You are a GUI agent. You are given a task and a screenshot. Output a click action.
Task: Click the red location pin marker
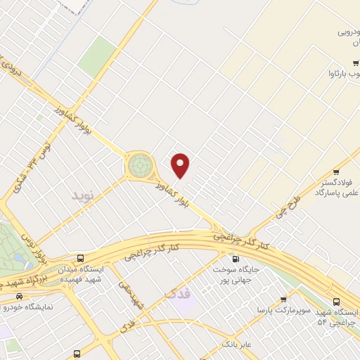point(181,166)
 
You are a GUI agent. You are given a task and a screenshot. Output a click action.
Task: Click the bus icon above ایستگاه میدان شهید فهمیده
point(82,259)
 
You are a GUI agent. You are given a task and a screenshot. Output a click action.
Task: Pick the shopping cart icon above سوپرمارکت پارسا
point(283,299)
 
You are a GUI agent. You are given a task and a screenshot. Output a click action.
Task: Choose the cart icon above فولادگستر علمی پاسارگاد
point(337,172)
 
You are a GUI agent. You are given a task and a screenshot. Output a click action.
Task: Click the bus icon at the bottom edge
point(77,353)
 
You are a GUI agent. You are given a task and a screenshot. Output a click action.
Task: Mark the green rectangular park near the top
point(96,56)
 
